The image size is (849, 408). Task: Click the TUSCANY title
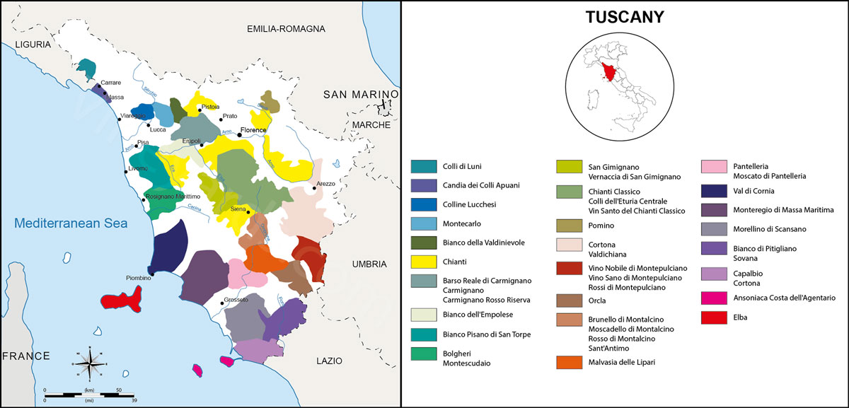coord(625,17)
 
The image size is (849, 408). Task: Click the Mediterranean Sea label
coord(71,223)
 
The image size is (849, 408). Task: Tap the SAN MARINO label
coord(361,95)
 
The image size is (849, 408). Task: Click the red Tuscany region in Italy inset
coord(608,69)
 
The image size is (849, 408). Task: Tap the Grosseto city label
coord(236,301)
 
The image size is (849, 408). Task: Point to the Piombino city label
coord(139,278)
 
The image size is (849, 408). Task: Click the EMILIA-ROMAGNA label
coord(286,29)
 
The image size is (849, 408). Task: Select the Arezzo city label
coord(326,183)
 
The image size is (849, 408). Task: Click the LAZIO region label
coord(330,361)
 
